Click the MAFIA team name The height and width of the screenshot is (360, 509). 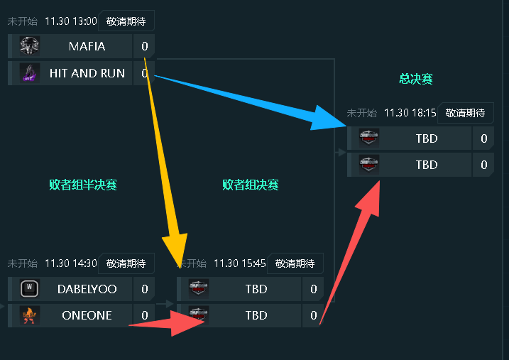(87, 46)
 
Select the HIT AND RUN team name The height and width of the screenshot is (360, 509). (87, 73)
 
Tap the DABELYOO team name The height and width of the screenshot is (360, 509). (87, 289)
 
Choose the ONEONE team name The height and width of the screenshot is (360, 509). (87, 315)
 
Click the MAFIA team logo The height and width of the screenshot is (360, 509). (29, 46)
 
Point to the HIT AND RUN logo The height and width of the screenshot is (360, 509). (29, 73)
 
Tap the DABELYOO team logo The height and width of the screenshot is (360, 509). (29, 289)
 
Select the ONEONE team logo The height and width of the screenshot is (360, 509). (29, 315)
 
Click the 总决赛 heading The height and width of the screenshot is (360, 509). (415, 79)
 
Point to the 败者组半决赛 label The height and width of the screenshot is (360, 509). (82, 185)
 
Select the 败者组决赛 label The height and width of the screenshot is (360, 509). (250, 185)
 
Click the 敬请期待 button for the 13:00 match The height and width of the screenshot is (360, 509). (126, 21)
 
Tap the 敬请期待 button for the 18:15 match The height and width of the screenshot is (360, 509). (465, 113)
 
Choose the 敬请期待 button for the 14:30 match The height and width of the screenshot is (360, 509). (126, 263)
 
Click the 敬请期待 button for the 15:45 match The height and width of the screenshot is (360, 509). (295, 263)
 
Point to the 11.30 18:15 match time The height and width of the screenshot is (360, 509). (410, 113)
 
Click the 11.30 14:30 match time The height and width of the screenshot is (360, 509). (70, 263)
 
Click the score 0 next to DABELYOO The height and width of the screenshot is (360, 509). (144, 289)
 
